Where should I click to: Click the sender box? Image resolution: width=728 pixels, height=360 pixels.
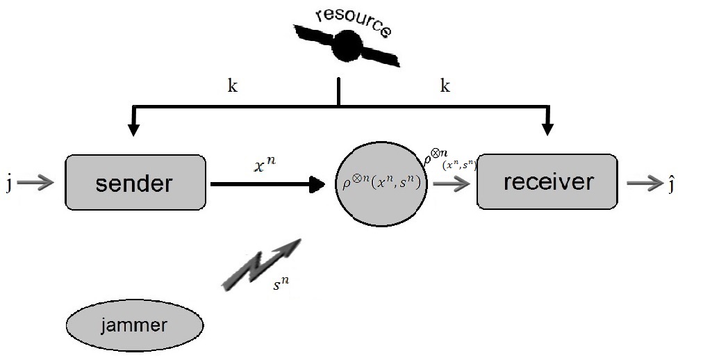[x=135, y=182]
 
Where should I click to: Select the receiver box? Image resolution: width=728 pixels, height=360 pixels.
[x=547, y=182]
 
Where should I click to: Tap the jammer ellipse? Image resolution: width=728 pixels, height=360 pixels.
[x=134, y=325]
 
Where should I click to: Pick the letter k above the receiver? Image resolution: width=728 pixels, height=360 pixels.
[x=445, y=85]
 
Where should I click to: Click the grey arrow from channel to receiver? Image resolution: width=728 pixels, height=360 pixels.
[x=452, y=184]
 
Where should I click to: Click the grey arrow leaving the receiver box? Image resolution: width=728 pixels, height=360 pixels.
[x=644, y=183]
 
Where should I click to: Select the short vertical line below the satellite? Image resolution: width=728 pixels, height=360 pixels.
[x=338, y=92]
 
